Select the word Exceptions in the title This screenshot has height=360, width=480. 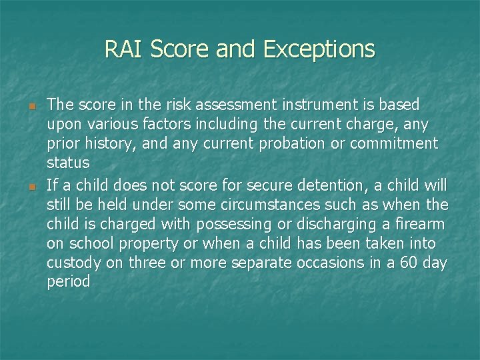pyautogui.click(x=319, y=50)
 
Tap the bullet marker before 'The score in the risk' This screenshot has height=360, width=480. pyautogui.click(x=31, y=106)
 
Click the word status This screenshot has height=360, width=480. pyautogui.click(x=68, y=163)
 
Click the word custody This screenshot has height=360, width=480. pyautogui.click(x=73, y=263)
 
